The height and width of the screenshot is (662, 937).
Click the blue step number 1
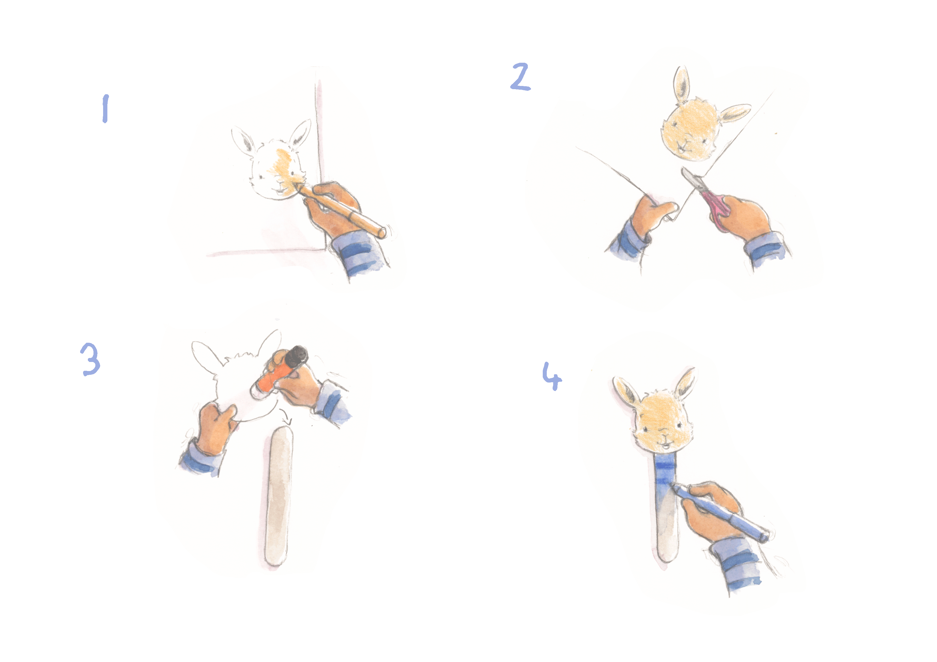[x=105, y=108]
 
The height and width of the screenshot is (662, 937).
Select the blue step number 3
[x=90, y=359]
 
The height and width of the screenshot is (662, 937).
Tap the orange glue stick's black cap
[x=296, y=356]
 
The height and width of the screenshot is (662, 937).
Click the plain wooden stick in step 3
[x=278, y=496]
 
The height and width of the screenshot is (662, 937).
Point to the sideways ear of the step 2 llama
[x=734, y=113]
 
